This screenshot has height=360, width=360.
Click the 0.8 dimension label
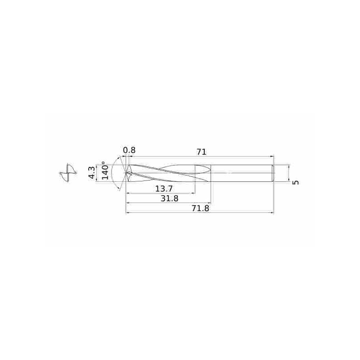click(129, 150)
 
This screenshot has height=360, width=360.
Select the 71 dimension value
click(201, 152)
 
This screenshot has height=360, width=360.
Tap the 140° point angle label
click(105, 171)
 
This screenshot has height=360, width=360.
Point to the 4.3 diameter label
click(92, 173)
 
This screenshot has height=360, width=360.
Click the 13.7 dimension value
click(164, 189)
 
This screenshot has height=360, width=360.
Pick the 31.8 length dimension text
click(169, 198)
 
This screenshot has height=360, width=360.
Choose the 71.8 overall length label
click(200, 208)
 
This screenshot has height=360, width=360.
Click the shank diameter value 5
click(296, 182)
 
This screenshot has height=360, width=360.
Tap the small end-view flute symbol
click(68, 173)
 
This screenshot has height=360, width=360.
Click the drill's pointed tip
click(126, 173)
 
